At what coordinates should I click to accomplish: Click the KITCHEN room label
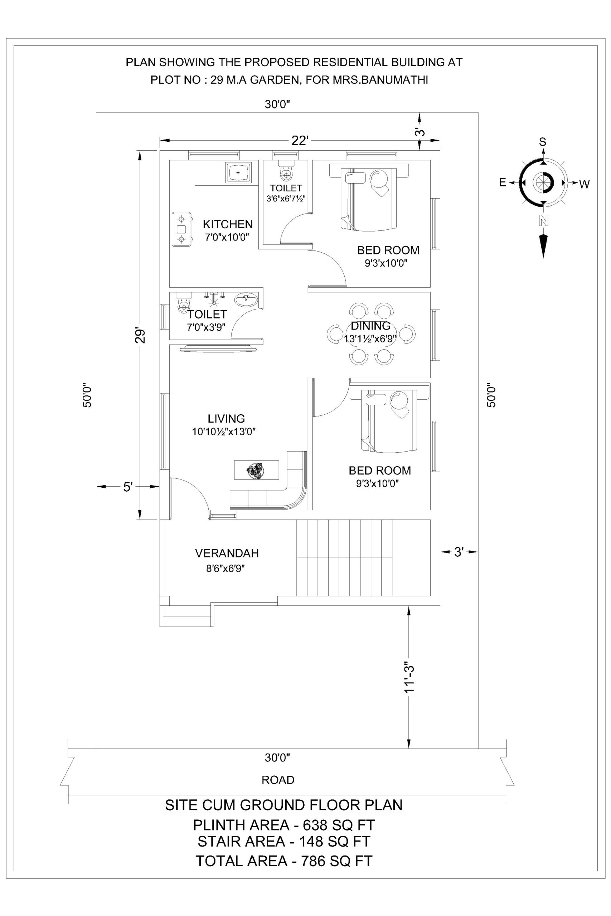tap(228, 224)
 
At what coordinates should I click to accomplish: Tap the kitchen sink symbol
tap(238, 172)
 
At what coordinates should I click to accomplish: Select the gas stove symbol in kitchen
tap(181, 229)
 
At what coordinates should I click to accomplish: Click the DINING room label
tap(370, 326)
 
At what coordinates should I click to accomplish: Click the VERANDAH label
tap(227, 553)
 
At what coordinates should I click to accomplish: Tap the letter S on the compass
tap(542, 142)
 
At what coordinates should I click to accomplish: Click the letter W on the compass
tap(584, 184)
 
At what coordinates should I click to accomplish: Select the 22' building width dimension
tap(299, 141)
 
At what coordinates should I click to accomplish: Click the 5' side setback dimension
tap(128, 487)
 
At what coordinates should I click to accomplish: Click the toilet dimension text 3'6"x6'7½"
tap(286, 198)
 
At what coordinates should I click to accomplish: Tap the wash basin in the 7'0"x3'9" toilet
tap(246, 299)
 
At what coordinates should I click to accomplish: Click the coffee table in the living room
tap(256, 470)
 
